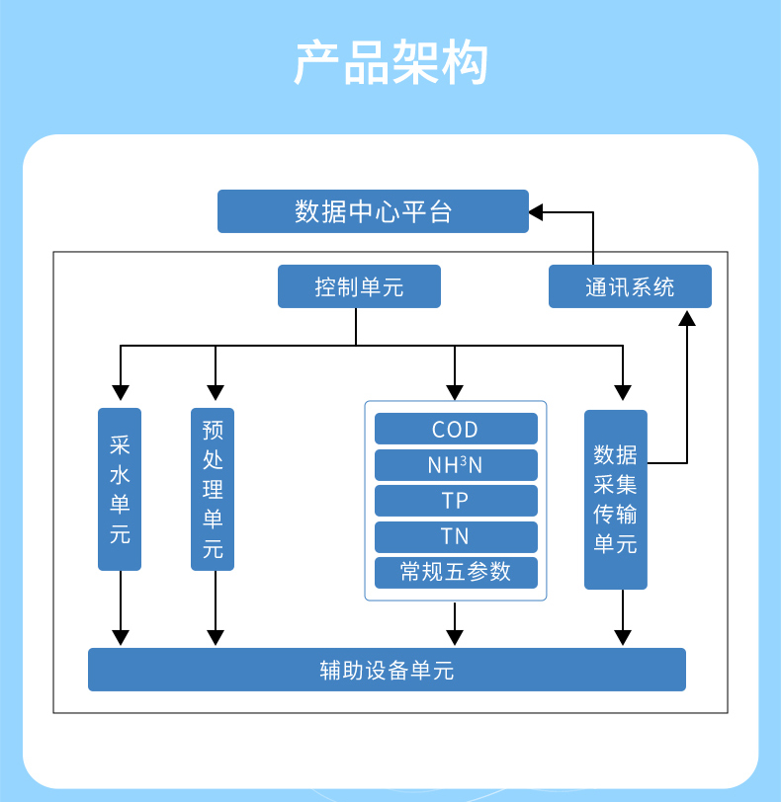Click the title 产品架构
click(x=390, y=63)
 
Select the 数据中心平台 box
click(x=373, y=211)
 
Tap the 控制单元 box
click(x=359, y=287)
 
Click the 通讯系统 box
click(x=630, y=286)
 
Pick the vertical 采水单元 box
click(x=120, y=489)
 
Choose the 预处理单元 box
click(x=213, y=489)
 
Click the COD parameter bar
click(x=456, y=430)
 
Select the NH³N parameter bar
click(x=456, y=465)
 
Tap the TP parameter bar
click(x=456, y=501)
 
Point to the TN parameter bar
click(x=456, y=536)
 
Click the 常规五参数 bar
click(x=456, y=572)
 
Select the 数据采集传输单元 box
click(x=615, y=500)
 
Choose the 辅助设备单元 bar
click(x=387, y=670)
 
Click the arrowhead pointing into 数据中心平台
click(x=536, y=211)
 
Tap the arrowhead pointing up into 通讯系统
click(x=687, y=317)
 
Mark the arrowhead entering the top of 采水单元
click(x=120, y=390)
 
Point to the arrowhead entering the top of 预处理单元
click(x=213, y=390)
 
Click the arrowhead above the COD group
click(x=455, y=390)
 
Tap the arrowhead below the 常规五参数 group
click(x=455, y=637)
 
